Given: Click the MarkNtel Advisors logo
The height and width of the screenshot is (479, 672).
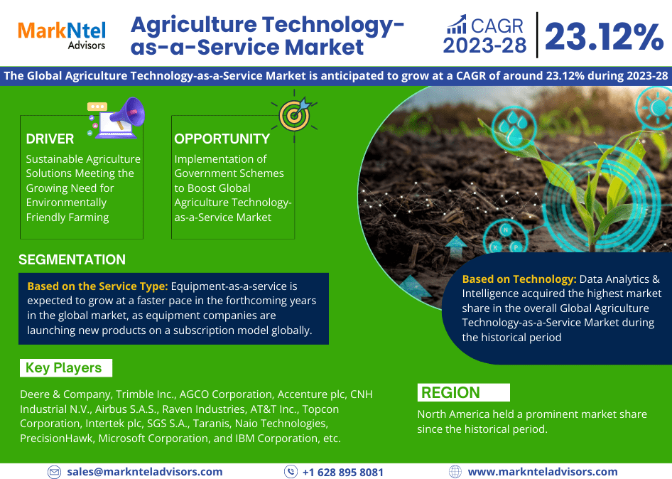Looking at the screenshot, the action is point(62,35).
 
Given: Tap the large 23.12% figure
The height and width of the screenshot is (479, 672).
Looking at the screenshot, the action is point(605,37).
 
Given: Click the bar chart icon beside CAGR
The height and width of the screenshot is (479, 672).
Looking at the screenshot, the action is point(457,24).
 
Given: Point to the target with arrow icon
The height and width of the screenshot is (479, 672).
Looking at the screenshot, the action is point(295,114).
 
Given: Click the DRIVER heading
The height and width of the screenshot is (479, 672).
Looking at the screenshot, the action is point(50,139).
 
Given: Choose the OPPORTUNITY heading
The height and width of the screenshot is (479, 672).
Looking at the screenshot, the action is point(222,139).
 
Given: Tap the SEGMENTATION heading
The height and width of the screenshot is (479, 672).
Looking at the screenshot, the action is point(72,259).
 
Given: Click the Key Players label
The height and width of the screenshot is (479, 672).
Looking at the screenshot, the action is point(63,368).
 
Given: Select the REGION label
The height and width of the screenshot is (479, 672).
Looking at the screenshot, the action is point(450,392).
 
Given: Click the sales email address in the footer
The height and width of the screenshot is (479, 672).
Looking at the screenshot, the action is point(145,472).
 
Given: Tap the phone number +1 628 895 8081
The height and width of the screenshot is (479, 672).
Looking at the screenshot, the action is point(343,472).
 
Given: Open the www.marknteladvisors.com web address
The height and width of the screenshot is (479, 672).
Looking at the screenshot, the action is point(543,472).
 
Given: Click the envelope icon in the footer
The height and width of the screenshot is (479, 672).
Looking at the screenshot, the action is point(54,472).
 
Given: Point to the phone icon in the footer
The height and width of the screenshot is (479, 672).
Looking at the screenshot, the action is point(291,472).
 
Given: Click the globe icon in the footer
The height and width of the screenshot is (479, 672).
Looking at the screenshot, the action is point(455,472).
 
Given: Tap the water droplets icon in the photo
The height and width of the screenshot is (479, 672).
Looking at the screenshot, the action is point(514,128).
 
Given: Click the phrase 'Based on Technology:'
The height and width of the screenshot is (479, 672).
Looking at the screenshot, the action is point(519,279).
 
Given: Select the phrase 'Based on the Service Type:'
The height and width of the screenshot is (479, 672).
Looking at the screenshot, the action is point(97,286).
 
